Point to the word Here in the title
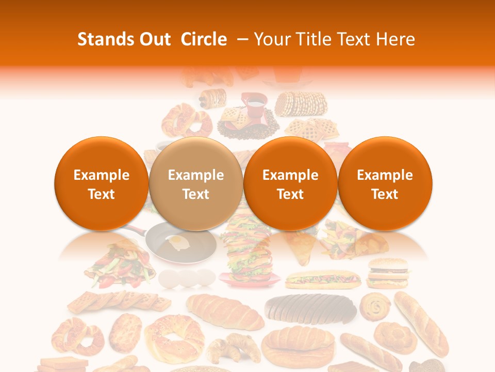tap(394, 39)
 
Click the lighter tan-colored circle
tap(196, 184)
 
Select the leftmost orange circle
tap(102, 184)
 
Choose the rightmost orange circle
tap(385, 184)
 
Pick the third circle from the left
tap(290, 184)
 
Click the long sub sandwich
tap(322, 279)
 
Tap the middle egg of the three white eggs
tap(189, 278)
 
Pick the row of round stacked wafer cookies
tap(301, 104)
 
